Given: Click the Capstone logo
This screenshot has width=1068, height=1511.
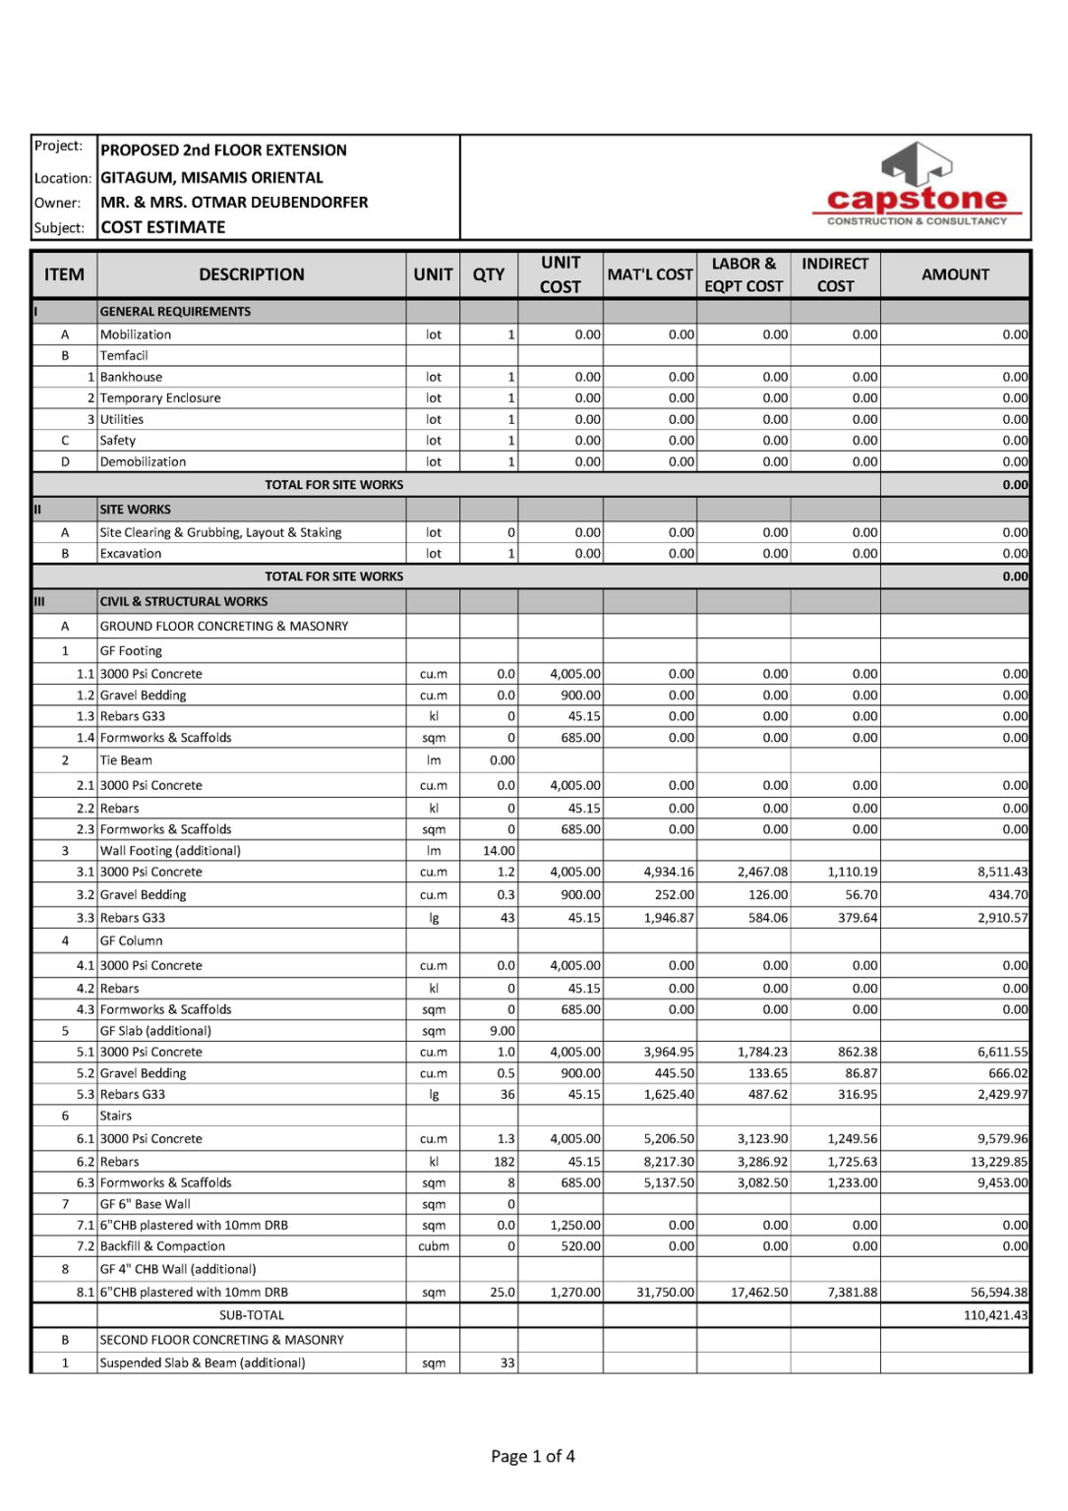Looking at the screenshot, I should pyautogui.click(x=917, y=185).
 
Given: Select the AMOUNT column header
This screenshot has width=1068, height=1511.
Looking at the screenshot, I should pyautogui.click(x=955, y=274).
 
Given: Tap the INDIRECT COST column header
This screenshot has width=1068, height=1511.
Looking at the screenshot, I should pyautogui.click(x=835, y=274).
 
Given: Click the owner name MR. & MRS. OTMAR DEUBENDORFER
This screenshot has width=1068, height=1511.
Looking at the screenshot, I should pyautogui.click(x=234, y=202).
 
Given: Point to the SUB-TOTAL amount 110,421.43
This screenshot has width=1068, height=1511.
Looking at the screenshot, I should pyautogui.click(x=995, y=1315).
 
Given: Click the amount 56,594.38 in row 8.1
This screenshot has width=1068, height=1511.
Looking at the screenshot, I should pyautogui.click(x=998, y=1293).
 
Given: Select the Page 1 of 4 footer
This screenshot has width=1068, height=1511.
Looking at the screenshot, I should pyautogui.click(x=533, y=1456).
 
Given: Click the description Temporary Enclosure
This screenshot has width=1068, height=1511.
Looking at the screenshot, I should pyautogui.click(x=160, y=398).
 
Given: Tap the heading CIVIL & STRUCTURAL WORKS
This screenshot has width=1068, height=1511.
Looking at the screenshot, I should pyautogui.click(x=184, y=601).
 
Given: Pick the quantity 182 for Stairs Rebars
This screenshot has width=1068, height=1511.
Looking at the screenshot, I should pyautogui.click(x=504, y=1162).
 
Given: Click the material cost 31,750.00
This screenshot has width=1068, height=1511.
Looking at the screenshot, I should pyautogui.click(x=665, y=1293).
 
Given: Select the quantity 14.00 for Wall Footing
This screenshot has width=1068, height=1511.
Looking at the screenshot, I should pyautogui.click(x=499, y=851).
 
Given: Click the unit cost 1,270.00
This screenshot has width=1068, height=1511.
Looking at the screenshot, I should pyautogui.click(x=575, y=1293).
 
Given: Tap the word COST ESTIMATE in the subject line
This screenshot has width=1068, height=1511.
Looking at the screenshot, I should pyautogui.click(x=163, y=227).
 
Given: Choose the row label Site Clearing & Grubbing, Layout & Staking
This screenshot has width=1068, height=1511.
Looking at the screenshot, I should pyautogui.click(x=220, y=532).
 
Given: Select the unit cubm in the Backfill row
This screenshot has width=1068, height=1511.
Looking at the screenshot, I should pyautogui.click(x=433, y=1246).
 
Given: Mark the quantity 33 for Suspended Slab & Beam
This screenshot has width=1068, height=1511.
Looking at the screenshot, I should pyautogui.click(x=507, y=1363).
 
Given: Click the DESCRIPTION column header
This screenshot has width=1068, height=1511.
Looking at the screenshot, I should pyautogui.click(x=252, y=274).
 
